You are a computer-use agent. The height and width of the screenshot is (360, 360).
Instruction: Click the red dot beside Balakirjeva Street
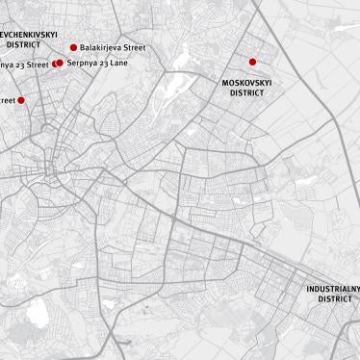coord(74,47)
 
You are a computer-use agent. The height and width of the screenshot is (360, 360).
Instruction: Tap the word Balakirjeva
coord(101,47)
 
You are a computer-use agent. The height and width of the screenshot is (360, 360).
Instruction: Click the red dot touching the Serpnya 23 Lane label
coord(60,63)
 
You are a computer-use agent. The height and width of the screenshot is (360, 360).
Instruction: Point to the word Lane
coord(118,63)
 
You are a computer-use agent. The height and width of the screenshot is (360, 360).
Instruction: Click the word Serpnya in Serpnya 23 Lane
coord(82,63)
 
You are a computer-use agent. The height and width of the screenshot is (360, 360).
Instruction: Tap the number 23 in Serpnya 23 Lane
coord(103,63)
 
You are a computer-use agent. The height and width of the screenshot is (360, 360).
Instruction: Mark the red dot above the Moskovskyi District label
coord(253,62)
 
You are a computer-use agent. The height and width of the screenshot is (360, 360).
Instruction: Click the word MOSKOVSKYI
coord(246,83)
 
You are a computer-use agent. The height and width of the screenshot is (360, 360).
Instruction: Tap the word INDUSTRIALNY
coord(333,289)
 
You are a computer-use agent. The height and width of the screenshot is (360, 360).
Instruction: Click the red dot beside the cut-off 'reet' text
coord(21,100)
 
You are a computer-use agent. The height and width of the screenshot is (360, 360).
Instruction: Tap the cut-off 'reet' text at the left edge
coord(7,100)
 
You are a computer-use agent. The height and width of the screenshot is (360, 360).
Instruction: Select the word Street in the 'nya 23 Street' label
coord(38,64)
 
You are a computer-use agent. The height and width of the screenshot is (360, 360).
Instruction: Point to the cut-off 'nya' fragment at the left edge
coord(6,65)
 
